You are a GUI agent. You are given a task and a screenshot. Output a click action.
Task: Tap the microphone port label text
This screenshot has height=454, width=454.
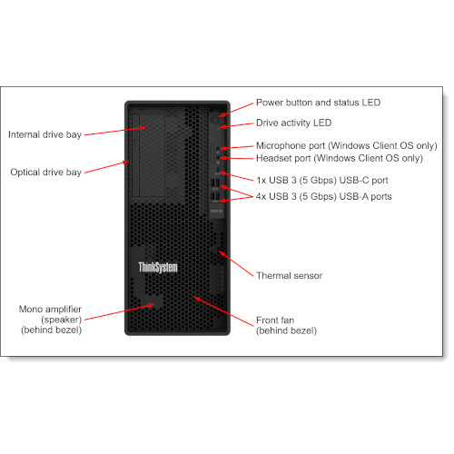point(346,145)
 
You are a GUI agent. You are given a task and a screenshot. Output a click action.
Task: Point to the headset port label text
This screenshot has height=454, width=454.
point(339,158)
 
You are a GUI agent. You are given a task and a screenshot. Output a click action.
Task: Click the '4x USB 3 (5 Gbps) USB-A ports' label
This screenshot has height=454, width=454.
point(323,195)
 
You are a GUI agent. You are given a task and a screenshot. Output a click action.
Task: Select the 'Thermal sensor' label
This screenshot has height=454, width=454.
point(289,274)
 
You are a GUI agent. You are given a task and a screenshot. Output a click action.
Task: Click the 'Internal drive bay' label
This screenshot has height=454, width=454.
point(44,134)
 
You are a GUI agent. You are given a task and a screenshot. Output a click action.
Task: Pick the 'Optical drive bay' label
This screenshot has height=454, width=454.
point(45,172)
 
